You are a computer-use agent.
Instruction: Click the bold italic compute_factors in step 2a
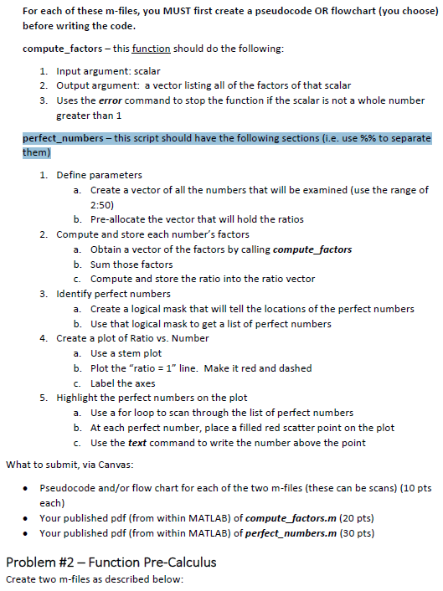click(x=312, y=249)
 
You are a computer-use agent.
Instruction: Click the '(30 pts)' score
click(x=358, y=532)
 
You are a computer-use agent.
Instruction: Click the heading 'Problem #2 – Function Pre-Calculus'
click(x=111, y=561)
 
